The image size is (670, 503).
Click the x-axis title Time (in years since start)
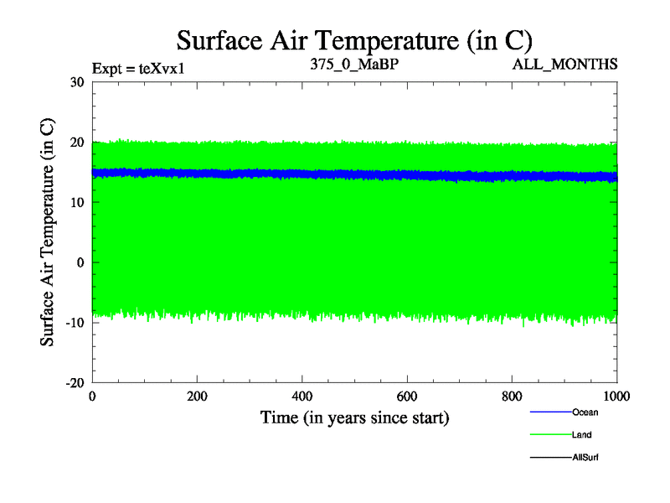pyautogui.click(x=354, y=417)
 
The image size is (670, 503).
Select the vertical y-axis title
pyautogui.click(x=49, y=233)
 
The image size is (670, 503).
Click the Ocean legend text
pyautogui.click(x=585, y=412)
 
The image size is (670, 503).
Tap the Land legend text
pyautogui.click(x=583, y=435)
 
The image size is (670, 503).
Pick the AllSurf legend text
pyautogui.click(x=585, y=458)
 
